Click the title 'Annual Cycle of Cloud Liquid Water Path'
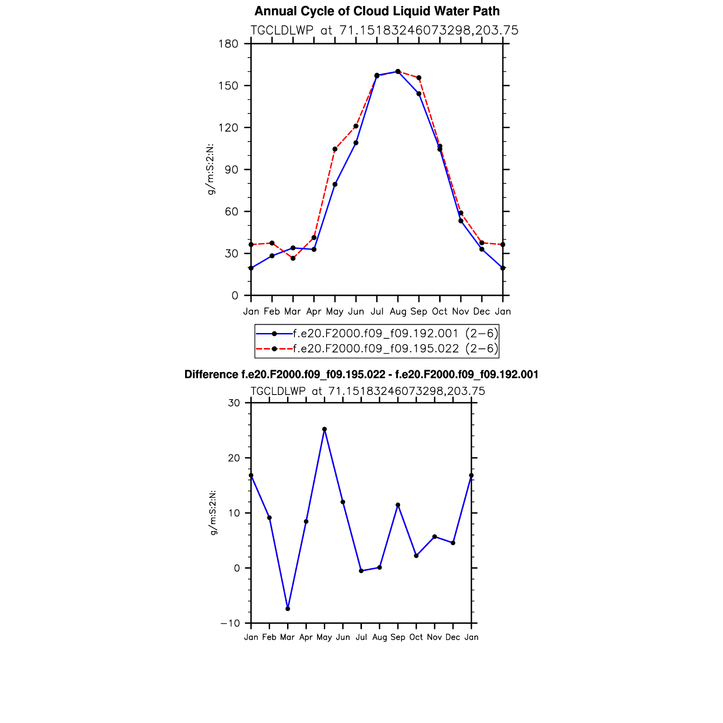pyautogui.click(x=377, y=11)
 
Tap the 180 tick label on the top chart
pyautogui.click(x=229, y=44)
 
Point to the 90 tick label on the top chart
pyautogui.click(x=231, y=169)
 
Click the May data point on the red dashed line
pyautogui.click(x=335, y=149)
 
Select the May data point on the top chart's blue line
pyautogui.click(x=335, y=184)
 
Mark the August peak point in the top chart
pyautogui.click(x=398, y=71)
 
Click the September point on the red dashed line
pyautogui.click(x=419, y=78)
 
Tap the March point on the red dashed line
pyautogui.click(x=293, y=258)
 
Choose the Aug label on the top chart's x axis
pyautogui.click(x=398, y=311)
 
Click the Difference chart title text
pyautogui.click(x=361, y=375)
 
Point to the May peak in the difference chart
pyautogui.click(x=324, y=429)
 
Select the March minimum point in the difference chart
pyautogui.click(x=288, y=609)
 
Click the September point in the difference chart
pyautogui.click(x=398, y=505)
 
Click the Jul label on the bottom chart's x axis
pyautogui.click(x=361, y=637)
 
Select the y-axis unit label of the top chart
pyautogui.click(x=211, y=169)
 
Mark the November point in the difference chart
pyautogui.click(x=435, y=537)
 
